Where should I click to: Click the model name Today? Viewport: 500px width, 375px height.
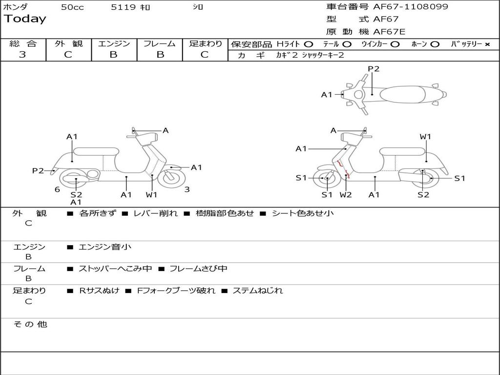pos(25,19)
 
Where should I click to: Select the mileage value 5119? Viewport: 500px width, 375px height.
pos(124,7)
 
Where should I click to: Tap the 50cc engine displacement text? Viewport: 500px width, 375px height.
pos(72,7)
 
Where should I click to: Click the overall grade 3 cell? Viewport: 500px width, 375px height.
pos(22,55)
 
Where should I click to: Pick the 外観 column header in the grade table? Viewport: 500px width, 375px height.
pos(68,43)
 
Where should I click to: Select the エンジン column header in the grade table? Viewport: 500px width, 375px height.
pos(114,43)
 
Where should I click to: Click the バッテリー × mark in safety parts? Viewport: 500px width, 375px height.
pos(487,44)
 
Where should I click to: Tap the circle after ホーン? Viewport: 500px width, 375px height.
pos(435,44)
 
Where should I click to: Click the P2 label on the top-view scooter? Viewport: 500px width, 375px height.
pos(374,69)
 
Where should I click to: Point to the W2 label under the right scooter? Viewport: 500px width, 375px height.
pos(346,195)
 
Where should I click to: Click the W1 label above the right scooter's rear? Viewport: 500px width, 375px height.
pos(425,137)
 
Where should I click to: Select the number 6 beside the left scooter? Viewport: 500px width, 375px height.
pos(57,189)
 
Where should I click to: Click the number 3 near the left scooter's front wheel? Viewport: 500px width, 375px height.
pos(187,189)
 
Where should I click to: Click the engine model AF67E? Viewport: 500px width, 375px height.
pos(389,32)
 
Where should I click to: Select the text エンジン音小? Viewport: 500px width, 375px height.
pos(105,247)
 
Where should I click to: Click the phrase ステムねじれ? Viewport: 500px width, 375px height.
pos(257,291)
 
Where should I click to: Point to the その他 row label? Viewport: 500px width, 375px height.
pos(30,324)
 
